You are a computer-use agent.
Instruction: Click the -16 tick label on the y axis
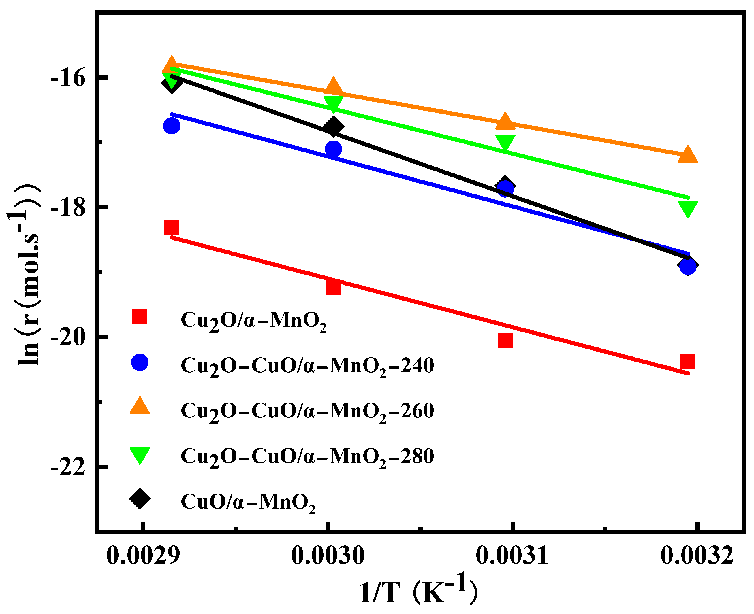point(68,78)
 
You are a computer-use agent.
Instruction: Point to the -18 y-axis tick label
point(68,208)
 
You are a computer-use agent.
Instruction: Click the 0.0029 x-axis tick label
point(143,556)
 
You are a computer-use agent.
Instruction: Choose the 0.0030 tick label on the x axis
point(328,556)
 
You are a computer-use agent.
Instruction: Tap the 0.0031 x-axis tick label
point(512,556)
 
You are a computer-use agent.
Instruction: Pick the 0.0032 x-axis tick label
point(697,556)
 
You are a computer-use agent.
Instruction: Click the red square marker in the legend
point(140,317)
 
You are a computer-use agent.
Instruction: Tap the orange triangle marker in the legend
point(140,406)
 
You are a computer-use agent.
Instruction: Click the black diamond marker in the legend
point(140,499)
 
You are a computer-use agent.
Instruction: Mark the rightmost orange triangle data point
point(687,154)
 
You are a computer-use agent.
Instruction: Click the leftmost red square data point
point(171,227)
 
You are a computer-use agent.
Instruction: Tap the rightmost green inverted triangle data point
point(687,208)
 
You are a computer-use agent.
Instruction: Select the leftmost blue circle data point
point(171,126)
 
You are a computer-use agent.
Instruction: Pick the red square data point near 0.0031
point(505,341)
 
